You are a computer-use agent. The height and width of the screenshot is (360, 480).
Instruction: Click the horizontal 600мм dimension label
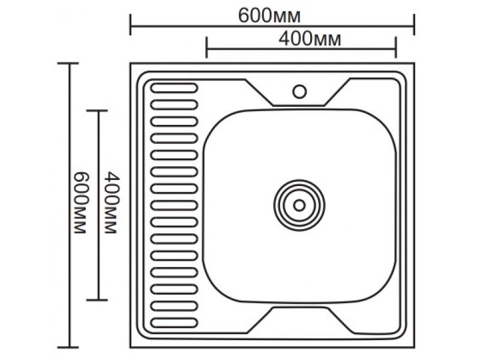(x=269, y=16)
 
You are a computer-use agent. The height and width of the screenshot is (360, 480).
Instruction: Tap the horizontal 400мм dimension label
(x=310, y=39)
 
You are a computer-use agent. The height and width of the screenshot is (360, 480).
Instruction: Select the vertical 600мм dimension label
(x=80, y=203)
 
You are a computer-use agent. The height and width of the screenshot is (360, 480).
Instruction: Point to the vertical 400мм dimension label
(x=110, y=203)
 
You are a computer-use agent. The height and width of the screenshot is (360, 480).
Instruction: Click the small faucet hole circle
(x=299, y=92)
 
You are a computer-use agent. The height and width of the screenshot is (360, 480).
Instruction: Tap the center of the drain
(x=299, y=205)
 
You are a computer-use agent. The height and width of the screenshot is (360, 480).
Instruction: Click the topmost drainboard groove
(x=174, y=88)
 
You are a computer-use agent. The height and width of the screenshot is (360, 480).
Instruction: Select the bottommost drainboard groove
(x=174, y=323)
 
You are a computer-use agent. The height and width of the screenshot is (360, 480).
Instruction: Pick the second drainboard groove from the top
(x=174, y=105)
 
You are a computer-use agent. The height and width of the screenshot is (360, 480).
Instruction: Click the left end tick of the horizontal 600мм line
(x=131, y=25)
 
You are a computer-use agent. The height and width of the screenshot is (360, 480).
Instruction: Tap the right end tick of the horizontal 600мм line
(x=414, y=25)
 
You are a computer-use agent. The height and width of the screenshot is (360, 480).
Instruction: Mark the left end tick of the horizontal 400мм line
(x=206, y=47)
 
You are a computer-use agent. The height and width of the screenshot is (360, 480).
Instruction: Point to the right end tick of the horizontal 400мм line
(x=396, y=47)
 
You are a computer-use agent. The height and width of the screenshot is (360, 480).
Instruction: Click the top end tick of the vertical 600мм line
(x=68, y=64)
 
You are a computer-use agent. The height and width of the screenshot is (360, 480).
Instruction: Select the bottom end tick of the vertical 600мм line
(x=68, y=347)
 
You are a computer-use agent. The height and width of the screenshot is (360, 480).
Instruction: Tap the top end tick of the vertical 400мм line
(x=97, y=110)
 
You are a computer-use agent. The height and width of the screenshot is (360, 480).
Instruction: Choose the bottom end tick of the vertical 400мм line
(x=97, y=300)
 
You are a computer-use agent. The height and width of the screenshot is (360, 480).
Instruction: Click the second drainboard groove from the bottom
(x=174, y=306)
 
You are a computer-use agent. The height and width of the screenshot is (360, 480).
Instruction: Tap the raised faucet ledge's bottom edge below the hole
(x=298, y=106)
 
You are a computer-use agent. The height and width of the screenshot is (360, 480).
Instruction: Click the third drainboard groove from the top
(x=174, y=122)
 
